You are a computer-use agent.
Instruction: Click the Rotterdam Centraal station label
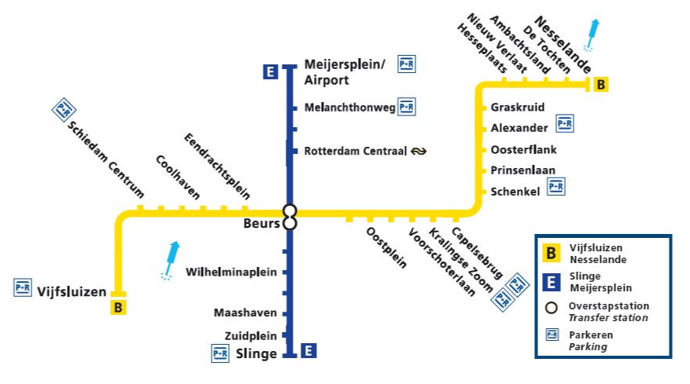(354, 151)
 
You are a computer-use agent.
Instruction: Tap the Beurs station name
(262, 223)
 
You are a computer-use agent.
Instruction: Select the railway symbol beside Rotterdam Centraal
(419, 151)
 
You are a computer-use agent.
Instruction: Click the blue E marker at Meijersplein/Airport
(270, 73)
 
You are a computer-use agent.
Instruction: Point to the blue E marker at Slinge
(308, 351)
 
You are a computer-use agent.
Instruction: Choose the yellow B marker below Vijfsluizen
(118, 307)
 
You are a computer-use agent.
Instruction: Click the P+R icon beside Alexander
(565, 123)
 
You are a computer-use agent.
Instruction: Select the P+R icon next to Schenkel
(556, 186)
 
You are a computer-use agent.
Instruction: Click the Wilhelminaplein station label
(231, 272)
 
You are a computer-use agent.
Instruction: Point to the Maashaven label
(245, 313)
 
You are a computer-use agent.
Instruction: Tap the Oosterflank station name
(518, 149)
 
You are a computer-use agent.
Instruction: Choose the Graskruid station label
(518, 108)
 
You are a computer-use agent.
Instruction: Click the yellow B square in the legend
(552, 253)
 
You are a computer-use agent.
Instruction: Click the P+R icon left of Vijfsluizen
(23, 288)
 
